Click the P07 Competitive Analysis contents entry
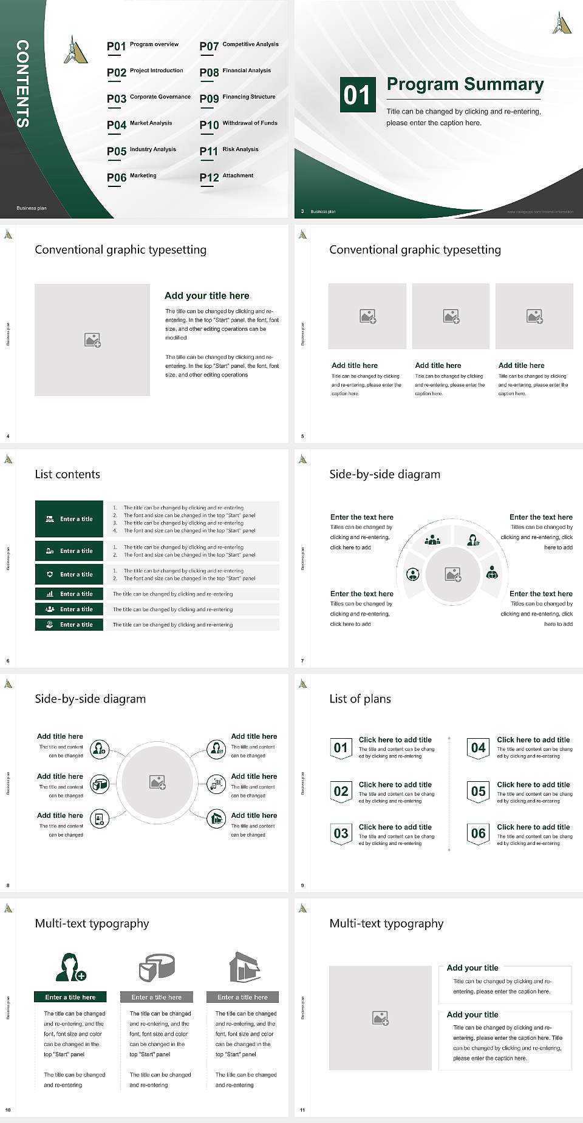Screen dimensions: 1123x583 pyautogui.click(x=239, y=46)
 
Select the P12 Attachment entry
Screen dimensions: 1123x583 pyautogui.click(x=227, y=177)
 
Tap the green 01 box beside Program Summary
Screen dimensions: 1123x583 pyautogui.click(x=356, y=95)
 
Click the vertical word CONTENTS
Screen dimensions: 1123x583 pyautogui.click(x=22, y=84)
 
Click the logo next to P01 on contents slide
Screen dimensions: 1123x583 pyautogui.click(x=75, y=50)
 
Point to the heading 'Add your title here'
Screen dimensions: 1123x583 pyautogui.click(x=206, y=296)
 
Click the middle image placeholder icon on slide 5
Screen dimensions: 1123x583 pyautogui.click(x=451, y=316)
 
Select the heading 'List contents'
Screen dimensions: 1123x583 pyautogui.click(x=67, y=474)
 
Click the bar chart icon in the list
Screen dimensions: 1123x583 pyautogui.click(x=50, y=594)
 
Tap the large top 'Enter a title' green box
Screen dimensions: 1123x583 pyautogui.click(x=69, y=519)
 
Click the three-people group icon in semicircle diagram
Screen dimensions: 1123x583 pyautogui.click(x=432, y=539)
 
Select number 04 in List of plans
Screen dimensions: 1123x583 pyautogui.click(x=478, y=748)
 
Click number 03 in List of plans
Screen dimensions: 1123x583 pyautogui.click(x=341, y=833)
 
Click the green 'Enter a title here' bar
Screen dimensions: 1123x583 pyautogui.click(x=70, y=997)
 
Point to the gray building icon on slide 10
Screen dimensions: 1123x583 pyautogui.click(x=244, y=967)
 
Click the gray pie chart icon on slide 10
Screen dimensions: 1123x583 pyautogui.click(x=157, y=968)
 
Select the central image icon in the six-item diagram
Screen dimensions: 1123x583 pyautogui.click(x=158, y=782)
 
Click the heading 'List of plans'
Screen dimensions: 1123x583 pyautogui.click(x=360, y=699)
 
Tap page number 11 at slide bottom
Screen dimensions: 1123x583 pyautogui.click(x=302, y=1110)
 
